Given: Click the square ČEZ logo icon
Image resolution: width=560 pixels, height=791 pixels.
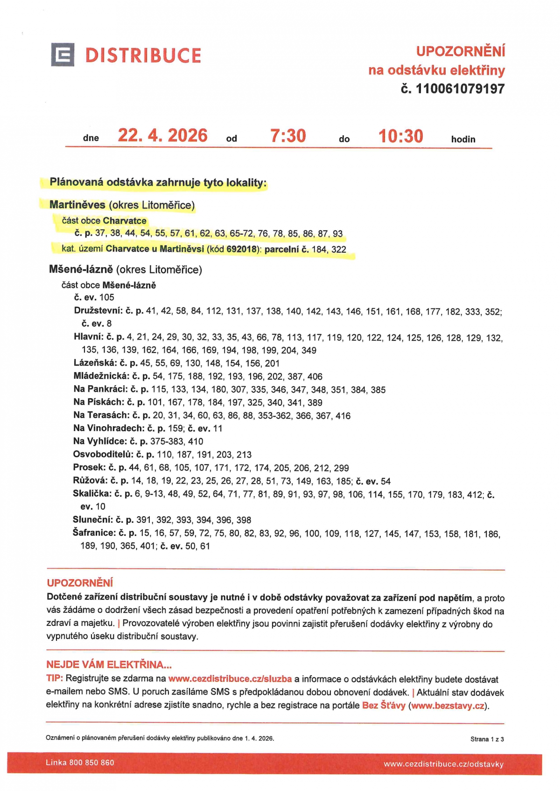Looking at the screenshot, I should pos(63,55).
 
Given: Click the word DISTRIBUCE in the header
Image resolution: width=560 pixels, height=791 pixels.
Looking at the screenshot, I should pos(143,56).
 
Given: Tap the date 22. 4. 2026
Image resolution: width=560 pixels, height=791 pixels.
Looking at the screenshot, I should pos(162,136).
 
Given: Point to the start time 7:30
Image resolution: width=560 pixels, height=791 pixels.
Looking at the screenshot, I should pos(288,136).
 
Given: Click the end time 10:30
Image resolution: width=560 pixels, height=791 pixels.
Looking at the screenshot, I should pos(400,136).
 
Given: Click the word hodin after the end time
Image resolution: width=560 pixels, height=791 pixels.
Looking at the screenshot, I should pos(463,139).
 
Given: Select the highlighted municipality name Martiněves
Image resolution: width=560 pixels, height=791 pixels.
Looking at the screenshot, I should pos(77,205).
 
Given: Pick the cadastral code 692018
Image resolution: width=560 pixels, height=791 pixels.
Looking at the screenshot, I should pos(241,249).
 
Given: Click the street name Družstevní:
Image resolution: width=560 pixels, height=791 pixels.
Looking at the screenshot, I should pos(98,311).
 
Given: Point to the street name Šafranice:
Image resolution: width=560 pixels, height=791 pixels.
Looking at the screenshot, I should pos(94,533).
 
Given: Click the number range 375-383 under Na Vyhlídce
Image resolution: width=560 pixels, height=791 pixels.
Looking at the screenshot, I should pos(167,441).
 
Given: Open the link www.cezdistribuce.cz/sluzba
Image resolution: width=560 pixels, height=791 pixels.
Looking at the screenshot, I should pos(230,679).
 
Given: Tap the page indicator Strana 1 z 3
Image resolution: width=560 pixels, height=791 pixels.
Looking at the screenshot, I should pos(487,739).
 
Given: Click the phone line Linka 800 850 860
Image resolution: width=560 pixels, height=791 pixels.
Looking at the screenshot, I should pos(80,763).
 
